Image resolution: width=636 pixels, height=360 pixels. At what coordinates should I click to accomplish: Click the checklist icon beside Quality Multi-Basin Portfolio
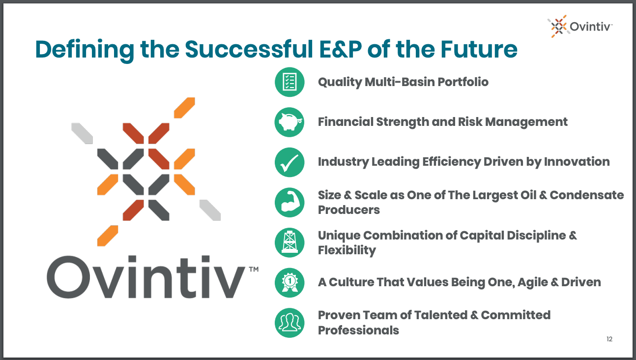pyautogui.click(x=289, y=82)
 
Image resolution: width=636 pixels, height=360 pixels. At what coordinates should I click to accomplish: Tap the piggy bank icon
pyautogui.click(x=289, y=122)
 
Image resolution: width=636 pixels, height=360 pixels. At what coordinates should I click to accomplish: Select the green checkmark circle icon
pyautogui.click(x=289, y=162)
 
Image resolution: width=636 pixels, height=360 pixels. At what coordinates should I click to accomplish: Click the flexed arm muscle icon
pyautogui.click(x=289, y=202)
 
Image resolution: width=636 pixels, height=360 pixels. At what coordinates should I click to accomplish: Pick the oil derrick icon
pyautogui.click(x=289, y=242)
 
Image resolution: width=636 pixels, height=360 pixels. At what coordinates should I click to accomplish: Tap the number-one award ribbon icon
pyautogui.click(x=289, y=283)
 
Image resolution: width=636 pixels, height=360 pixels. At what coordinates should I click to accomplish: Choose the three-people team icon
pyautogui.click(x=289, y=323)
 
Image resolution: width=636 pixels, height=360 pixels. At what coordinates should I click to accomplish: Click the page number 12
pyautogui.click(x=609, y=339)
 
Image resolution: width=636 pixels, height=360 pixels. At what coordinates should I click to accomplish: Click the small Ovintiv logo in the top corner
pyautogui.click(x=580, y=27)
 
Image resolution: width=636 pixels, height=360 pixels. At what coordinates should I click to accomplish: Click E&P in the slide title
pyautogui.click(x=341, y=50)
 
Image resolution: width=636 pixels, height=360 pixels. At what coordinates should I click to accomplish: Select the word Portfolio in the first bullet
pyautogui.click(x=463, y=82)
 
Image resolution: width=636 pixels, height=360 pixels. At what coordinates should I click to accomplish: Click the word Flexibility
pyautogui.click(x=347, y=250)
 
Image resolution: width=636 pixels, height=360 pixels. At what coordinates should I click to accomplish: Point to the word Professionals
pyautogui.click(x=358, y=330)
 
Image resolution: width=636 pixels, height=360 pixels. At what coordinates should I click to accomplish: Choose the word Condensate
pyautogui.click(x=586, y=195)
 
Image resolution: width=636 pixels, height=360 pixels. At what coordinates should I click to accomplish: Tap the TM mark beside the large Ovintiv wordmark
pyautogui.click(x=254, y=269)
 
